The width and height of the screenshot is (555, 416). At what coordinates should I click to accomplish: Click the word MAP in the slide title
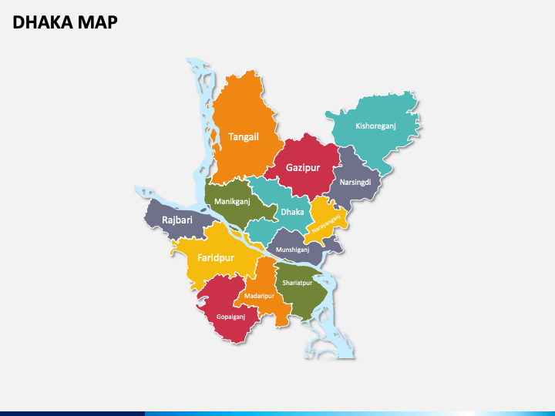(98, 22)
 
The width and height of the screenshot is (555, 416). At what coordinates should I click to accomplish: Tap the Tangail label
(244, 137)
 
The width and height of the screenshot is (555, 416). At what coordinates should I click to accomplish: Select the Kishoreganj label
(375, 126)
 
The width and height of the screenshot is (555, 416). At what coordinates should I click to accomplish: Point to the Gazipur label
(303, 167)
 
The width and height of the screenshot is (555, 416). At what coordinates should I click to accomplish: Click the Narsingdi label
(355, 183)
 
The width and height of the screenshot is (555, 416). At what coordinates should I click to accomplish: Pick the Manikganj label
(232, 202)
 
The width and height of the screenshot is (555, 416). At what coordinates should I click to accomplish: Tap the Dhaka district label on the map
(292, 211)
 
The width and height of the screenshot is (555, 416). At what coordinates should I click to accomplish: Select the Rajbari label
(177, 220)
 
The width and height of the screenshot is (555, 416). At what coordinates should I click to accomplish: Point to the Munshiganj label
(293, 250)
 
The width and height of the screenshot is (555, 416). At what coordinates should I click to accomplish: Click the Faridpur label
(216, 258)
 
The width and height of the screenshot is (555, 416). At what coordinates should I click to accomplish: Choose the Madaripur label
(259, 296)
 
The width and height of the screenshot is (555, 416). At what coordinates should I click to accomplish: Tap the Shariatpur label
(297, 283)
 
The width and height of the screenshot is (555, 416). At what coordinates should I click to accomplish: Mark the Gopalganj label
(230, 317)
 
